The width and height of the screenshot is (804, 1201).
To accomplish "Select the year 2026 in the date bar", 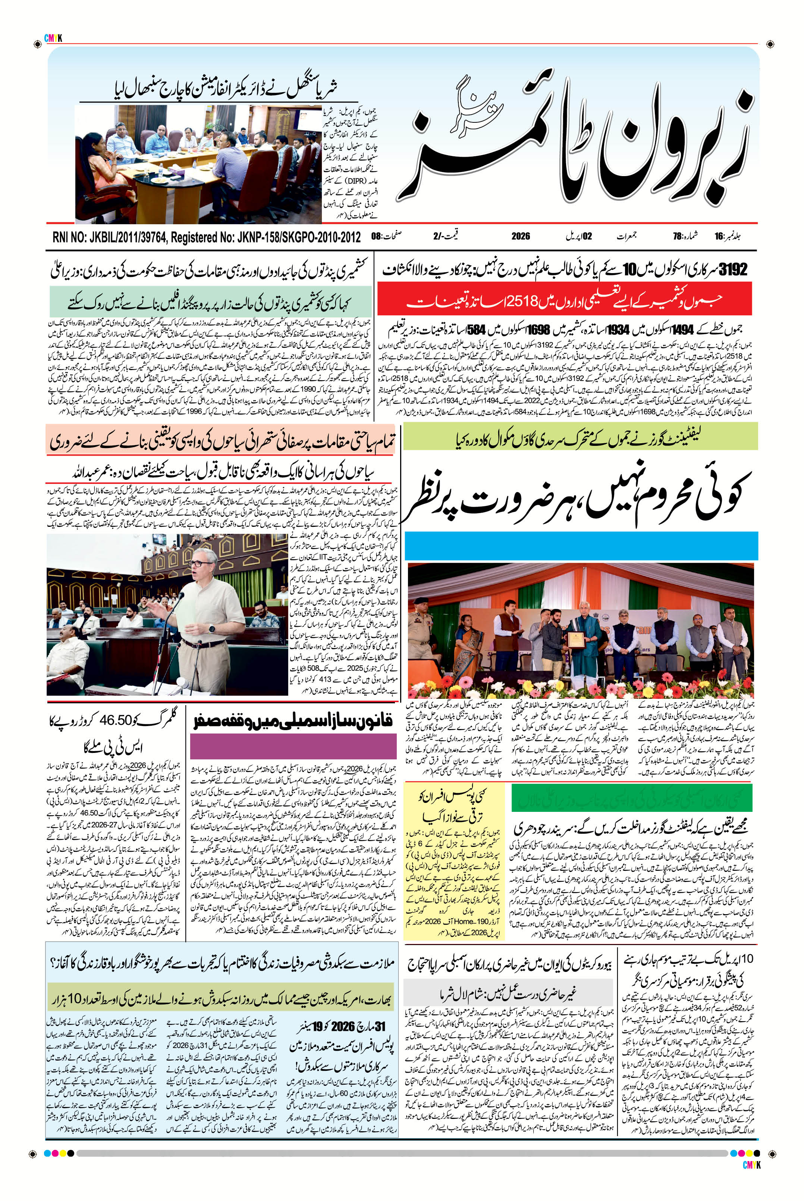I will (521, 237).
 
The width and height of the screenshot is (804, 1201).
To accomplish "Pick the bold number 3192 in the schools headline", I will (733, 269).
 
